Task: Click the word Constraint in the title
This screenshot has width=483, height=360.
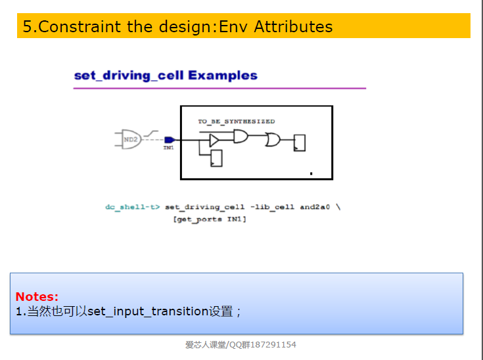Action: (x=80, y=26)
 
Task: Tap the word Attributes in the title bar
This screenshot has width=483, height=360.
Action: (x=293, y=26)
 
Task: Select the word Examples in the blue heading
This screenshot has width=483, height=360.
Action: (x=223, y=76)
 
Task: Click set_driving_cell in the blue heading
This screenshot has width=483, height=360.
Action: (x=129, y=76)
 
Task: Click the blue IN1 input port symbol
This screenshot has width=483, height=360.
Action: (x=170, y=140)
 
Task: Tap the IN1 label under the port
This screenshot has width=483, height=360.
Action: (x=168, y=148)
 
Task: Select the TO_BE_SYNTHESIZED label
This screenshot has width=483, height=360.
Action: (x=237, y=122)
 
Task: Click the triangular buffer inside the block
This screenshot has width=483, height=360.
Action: (x=214, y=141)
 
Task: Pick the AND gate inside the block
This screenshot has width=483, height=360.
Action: (x=241, y=136)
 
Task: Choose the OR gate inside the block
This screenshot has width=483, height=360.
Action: (x=273, y=140)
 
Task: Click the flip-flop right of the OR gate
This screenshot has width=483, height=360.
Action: (x=300, y=143)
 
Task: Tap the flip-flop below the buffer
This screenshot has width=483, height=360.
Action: (x=216, y=158)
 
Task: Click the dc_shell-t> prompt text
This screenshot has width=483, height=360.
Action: (x=133, y=207)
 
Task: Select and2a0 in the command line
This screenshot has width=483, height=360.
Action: (x=315, y=207)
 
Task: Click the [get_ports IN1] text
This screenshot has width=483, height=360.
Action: (x=210, y=219)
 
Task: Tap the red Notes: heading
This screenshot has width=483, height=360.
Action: (x=37, y=296)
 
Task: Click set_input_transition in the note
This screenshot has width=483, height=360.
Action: (x=148, y=311)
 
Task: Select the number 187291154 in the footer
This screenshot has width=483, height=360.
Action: (x=273, y=345)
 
